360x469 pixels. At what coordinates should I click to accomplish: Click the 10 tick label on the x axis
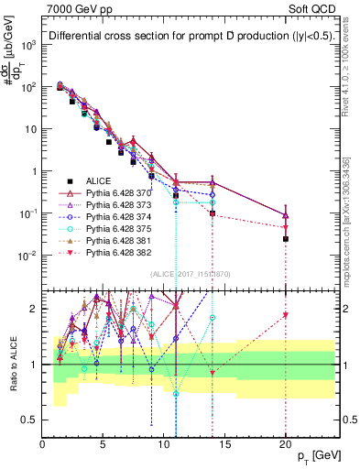[x=164, y=446]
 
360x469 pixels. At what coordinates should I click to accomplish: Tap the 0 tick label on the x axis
[x=42, y=446]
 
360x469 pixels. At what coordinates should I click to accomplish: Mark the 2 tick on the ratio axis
[x=35, y=309]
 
